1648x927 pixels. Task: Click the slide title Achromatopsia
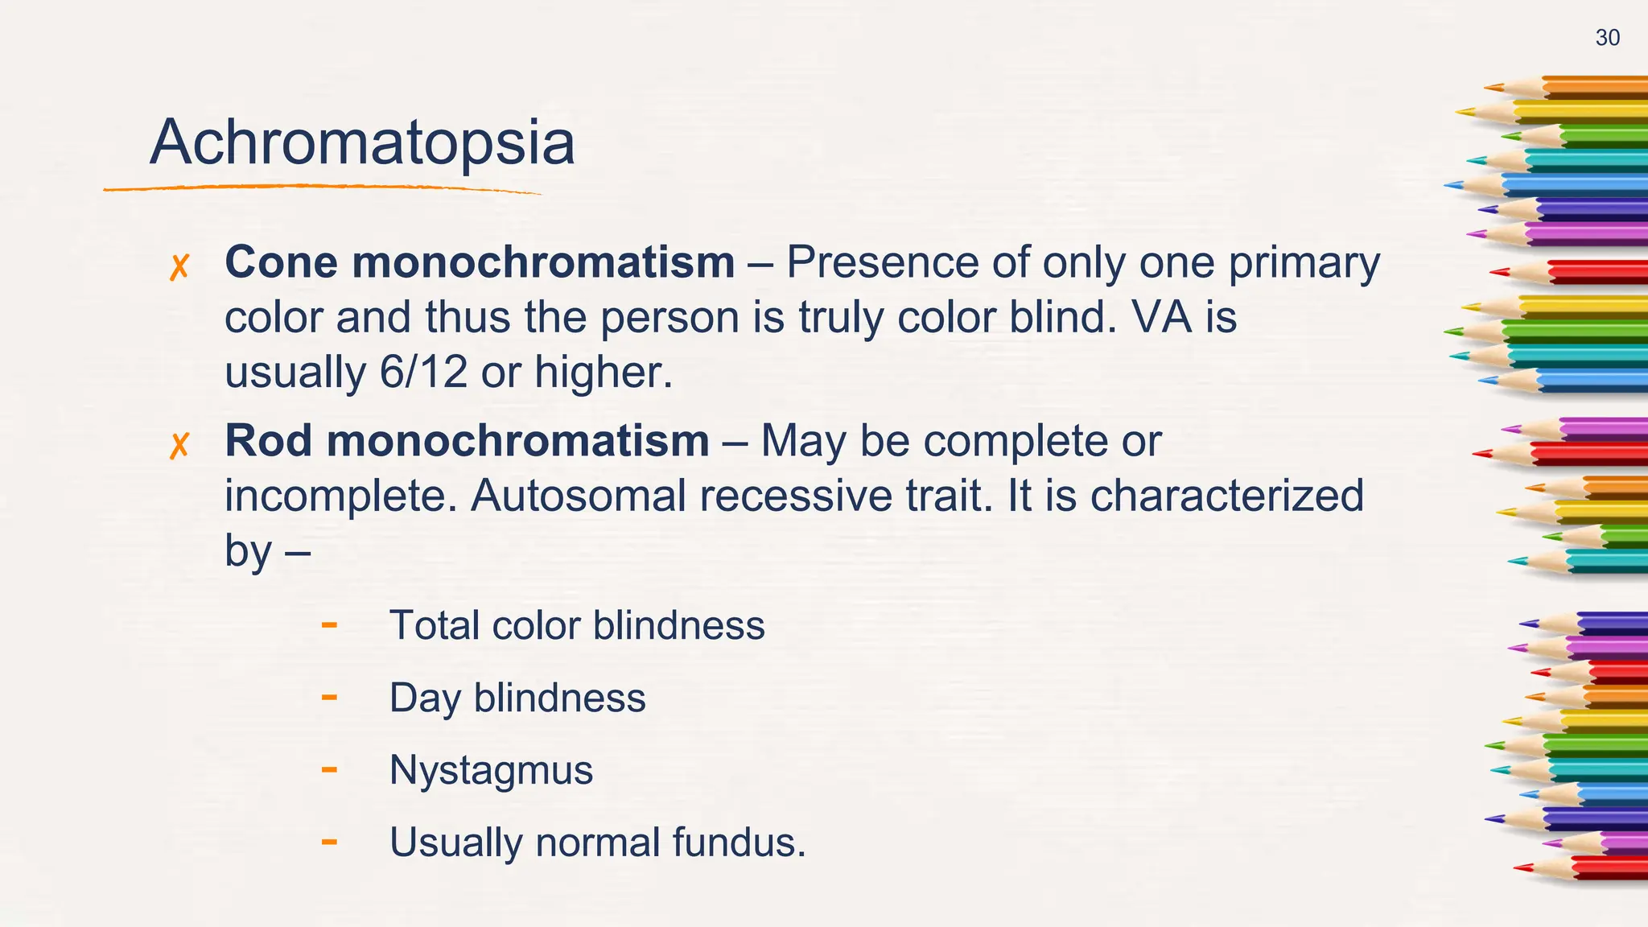tap(362, 143)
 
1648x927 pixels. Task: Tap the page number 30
tap(1607, 38)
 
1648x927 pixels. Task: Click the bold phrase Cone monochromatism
tap(480, 262)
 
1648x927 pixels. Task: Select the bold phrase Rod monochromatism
tap(467, 441)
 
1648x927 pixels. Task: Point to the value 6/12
tap(422, 373)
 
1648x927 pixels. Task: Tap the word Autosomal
tap(577, 496)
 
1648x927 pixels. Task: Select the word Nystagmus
tap(491, 770)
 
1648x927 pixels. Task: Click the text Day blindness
tap(517, 698)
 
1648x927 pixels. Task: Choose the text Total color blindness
tap(576, 625)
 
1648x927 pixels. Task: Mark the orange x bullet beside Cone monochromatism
tap(179, 267)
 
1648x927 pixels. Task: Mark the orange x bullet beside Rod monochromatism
tap(179, 445)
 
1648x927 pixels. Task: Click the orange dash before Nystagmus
tap(328, 769)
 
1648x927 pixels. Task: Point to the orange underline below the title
tap(322, 188)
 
